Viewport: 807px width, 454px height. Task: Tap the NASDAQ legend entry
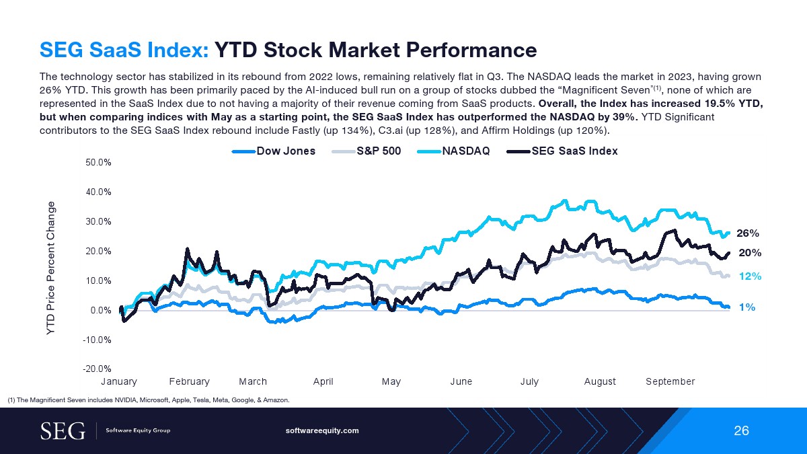tap(466, 151)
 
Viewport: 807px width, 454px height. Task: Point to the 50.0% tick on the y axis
tap(98, 162)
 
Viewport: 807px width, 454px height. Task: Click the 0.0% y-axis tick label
tap(100, 310)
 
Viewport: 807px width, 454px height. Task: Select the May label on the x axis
tap(391, 381)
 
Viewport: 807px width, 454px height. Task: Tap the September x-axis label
tap(670, 381)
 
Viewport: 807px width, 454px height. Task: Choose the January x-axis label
tap(119, 381)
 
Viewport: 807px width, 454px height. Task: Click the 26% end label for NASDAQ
tap(748, 233)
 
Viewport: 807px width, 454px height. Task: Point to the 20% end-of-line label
tap(749, 253)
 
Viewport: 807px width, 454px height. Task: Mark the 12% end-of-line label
tap(749, 276)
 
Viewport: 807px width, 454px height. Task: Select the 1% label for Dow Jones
tap(746, 307)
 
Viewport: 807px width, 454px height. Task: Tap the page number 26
tap(741, 431)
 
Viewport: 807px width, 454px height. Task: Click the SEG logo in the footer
tap(63, 430)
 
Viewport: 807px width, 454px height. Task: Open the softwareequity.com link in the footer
tap(323, 430)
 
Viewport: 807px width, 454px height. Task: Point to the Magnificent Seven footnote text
tap(149, 400)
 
